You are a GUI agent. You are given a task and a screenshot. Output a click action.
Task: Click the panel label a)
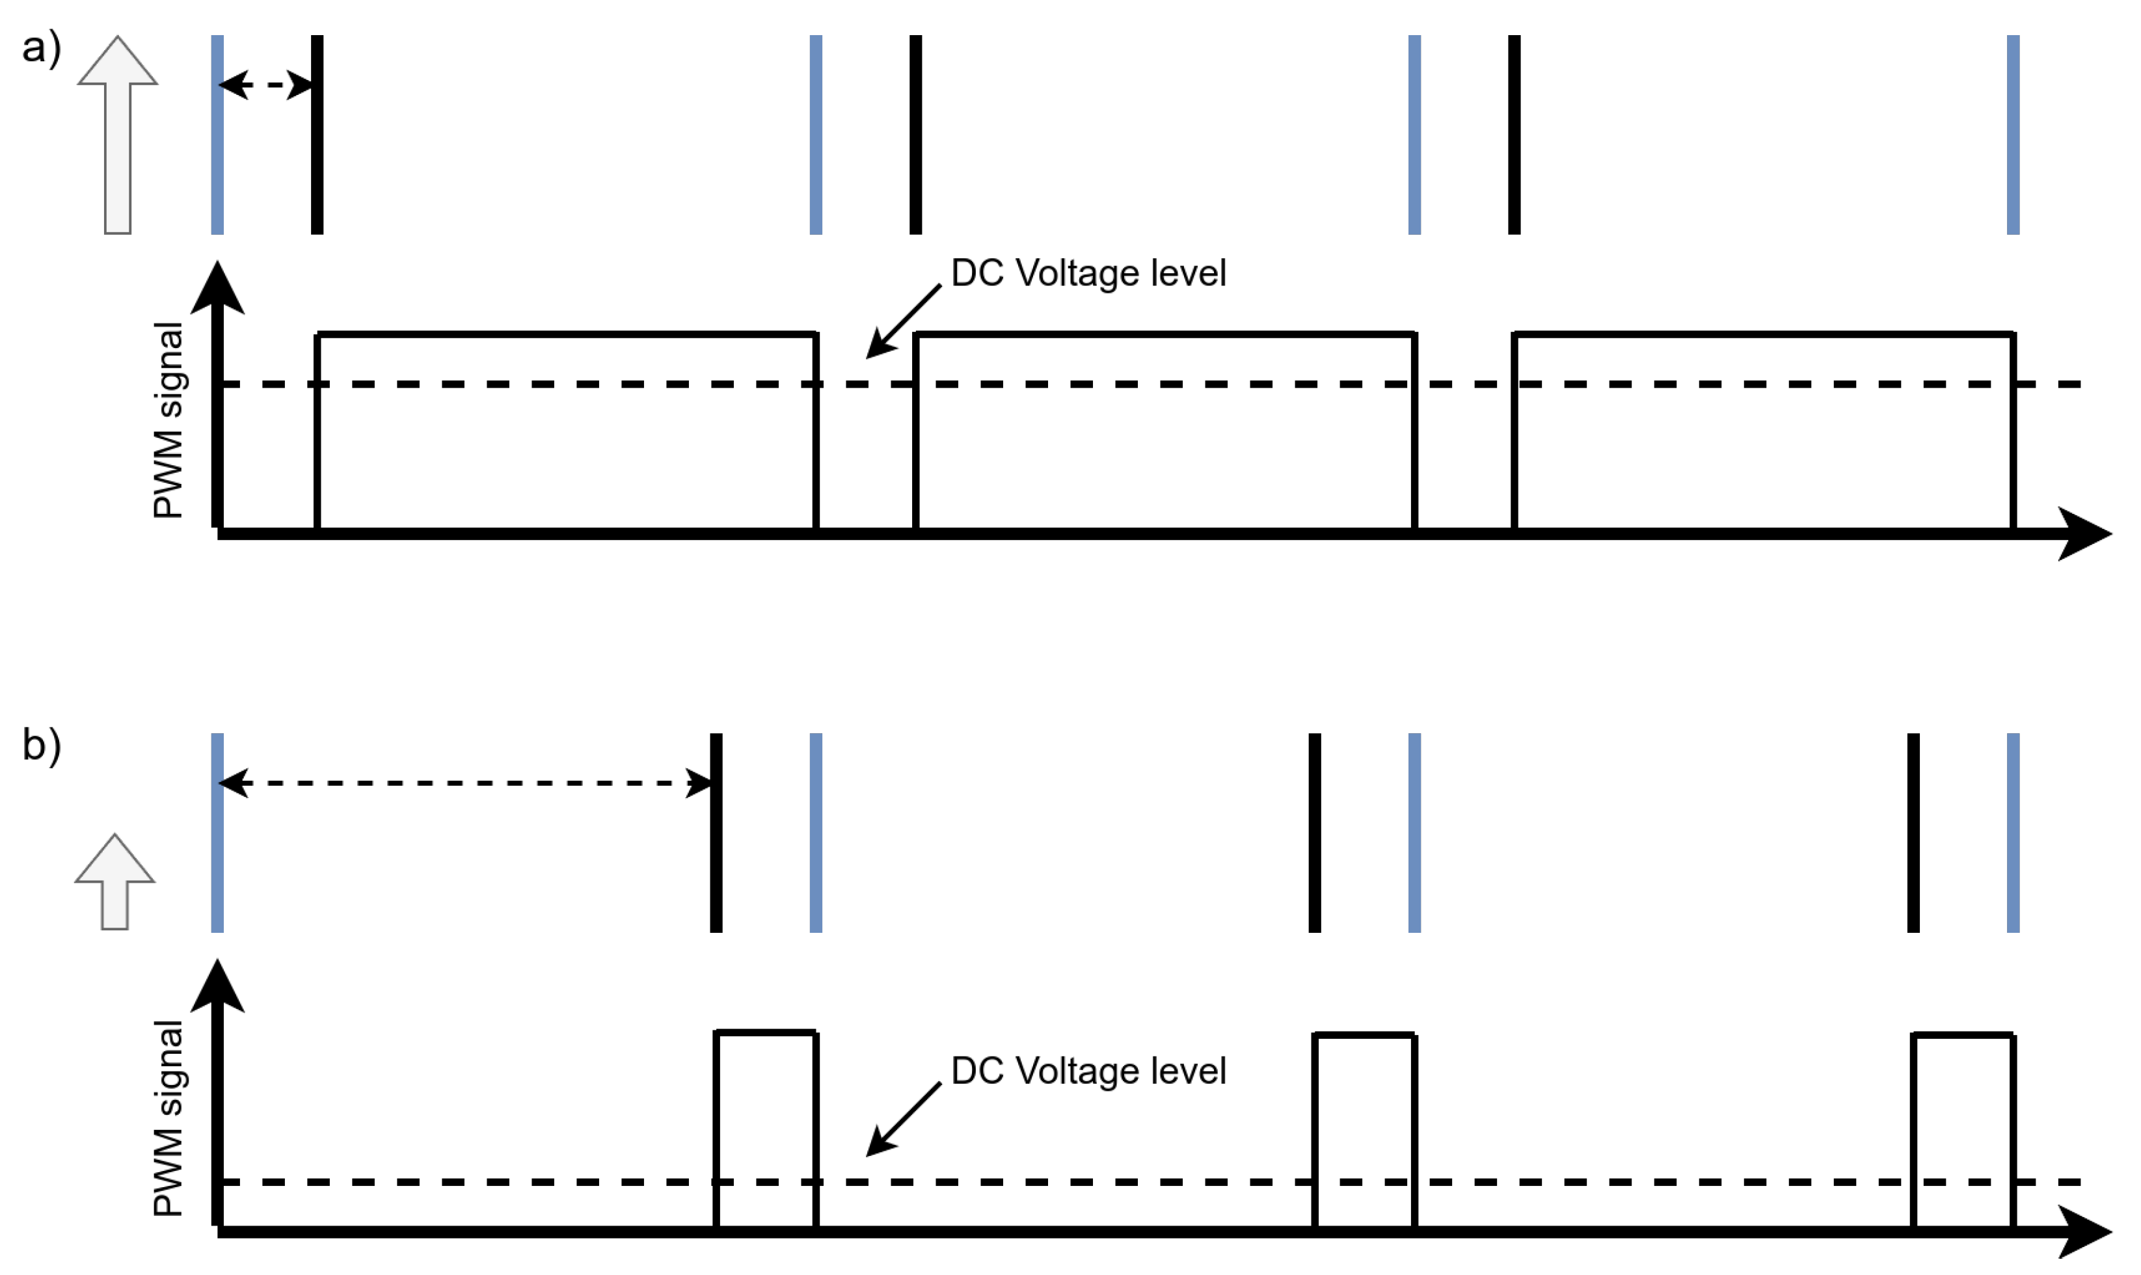click(41, 47)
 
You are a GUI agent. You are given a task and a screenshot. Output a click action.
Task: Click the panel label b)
click(41, 745)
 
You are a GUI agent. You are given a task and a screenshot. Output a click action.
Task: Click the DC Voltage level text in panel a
click(1088, 273)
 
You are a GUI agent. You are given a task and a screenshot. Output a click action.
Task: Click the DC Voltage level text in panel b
click(1088, 1071)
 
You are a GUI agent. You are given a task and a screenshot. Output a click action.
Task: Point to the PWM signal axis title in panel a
click(168, 420)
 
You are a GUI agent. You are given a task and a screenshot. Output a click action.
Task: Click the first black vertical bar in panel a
click(317, 134)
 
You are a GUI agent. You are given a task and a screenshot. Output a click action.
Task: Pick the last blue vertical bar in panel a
click(2013, 134)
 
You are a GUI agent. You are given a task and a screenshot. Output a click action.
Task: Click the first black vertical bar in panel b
click(716, 833)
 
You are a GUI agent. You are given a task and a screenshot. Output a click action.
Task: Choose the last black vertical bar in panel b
click(1913, 833)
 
